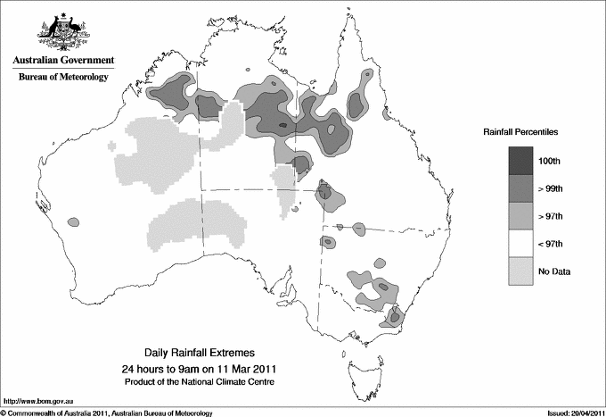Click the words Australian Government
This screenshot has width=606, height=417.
coord(62,61)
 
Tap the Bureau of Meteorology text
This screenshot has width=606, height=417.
coord(62,78)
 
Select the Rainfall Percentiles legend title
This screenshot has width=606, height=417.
coord(520,131)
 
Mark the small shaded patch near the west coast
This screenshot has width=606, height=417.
coord(71,221)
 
